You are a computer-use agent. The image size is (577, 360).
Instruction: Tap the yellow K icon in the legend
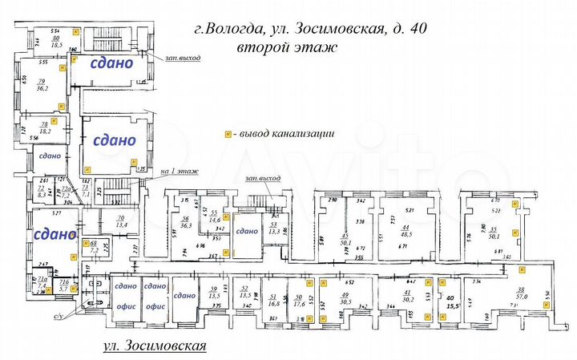click(x=228, y=135)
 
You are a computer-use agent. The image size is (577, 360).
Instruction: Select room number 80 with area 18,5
click(x=56, y=42)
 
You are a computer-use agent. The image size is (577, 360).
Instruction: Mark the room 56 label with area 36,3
click(x=185, y=223)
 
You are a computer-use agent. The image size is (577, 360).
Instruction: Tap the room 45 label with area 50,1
click(x=346, y=240)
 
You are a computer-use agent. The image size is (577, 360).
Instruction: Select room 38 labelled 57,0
click(x=521, y=293)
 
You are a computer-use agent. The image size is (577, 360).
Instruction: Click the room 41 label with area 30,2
click(x=406, y=297)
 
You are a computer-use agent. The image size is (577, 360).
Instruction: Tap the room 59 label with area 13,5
click(x=214, y=293)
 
